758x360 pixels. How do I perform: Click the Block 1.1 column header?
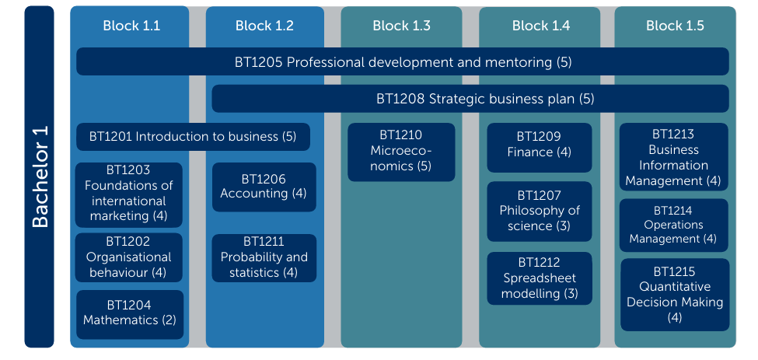(131, 26)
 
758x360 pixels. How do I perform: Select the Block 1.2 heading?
(264, 26)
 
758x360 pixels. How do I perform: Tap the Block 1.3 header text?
(401, 26)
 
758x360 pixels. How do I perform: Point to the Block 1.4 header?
(541, 26)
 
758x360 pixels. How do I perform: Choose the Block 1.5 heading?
(675, 26)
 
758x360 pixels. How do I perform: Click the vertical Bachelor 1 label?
(40, 177)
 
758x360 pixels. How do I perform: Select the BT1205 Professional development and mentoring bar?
(403, 61)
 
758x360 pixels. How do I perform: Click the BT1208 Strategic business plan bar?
(470, 99)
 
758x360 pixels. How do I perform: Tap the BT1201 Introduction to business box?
(193, 137)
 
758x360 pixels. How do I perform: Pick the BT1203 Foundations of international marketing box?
(129, 194)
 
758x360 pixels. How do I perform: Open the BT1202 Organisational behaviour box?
(129, 257)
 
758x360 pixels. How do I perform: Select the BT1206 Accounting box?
(264, 187)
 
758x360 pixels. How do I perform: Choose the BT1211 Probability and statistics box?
(264, 258)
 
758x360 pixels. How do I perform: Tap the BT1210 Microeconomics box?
(401, 152)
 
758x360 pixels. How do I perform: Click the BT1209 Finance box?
(540, 148)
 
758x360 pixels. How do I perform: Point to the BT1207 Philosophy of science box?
(540, 211)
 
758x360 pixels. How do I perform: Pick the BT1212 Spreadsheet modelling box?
(540, 278)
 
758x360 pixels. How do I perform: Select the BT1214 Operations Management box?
(674, 225)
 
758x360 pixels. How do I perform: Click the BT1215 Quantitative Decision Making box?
(675, 295)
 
